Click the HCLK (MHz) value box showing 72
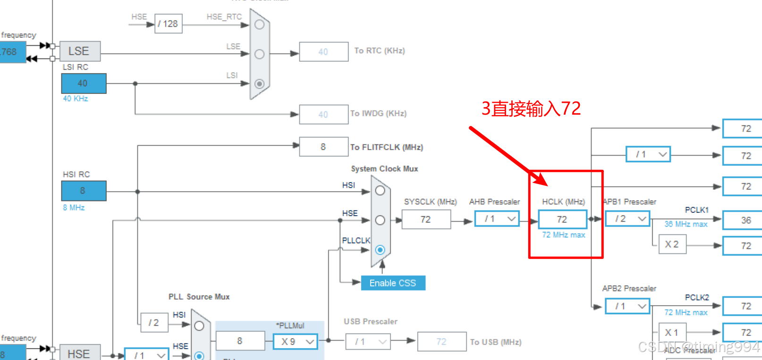point(562,219)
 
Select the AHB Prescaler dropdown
point(496,219)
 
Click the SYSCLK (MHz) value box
point(426,219)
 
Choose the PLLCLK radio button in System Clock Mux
point(380,250)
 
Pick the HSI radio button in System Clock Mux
point(380,191)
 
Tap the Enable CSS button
point(393,283)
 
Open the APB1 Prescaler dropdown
point(627,219)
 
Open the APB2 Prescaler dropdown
point(627,306)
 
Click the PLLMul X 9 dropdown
point(296,341)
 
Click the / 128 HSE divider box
point(168,24)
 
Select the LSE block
point(80,51)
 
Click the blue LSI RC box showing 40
point(84,84)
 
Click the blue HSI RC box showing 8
point(84,191)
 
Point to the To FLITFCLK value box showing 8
point(323,147)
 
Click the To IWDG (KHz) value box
point(323,115)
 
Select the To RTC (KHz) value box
point(323,52)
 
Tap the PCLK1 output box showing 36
point(745,220)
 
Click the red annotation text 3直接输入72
point(531,109)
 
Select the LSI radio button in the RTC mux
point(259,84)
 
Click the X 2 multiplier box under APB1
point(672,244)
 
